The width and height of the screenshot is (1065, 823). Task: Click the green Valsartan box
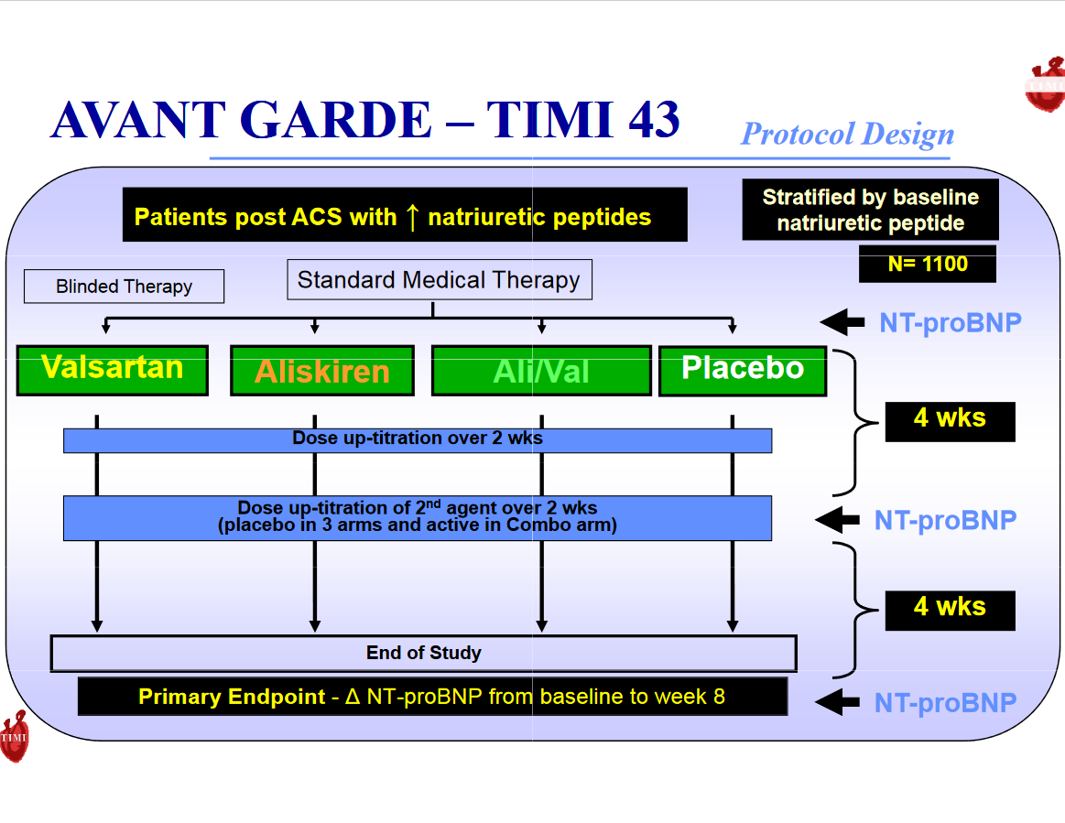pos(113,370)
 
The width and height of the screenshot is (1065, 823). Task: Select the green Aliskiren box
pos(322,371)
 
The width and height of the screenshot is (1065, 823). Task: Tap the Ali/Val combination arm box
pos(541,371)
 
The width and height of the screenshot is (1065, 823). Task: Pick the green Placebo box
pos(743,371)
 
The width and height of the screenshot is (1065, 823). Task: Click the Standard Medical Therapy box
pos(439,280)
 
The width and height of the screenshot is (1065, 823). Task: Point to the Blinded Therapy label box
pos(124,287)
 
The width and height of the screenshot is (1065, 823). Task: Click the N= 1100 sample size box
pos(927,264)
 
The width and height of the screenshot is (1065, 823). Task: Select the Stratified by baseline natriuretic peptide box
pos(870,210)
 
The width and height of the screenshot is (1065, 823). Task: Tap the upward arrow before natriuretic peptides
pos(412,217)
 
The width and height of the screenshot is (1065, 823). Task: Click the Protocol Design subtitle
pos(847,135)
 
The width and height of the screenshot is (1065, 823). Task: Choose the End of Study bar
pos(423,654)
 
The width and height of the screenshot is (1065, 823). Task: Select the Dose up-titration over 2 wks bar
pos(418,439)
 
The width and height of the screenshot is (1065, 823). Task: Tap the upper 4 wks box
pos(950,420)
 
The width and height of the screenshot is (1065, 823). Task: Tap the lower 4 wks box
pos(950,609)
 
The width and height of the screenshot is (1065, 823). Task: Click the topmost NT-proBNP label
pos(950,322)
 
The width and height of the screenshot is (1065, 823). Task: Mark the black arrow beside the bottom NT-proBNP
pos(838,702)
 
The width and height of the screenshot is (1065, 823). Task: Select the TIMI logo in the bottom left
pos(15,737)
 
